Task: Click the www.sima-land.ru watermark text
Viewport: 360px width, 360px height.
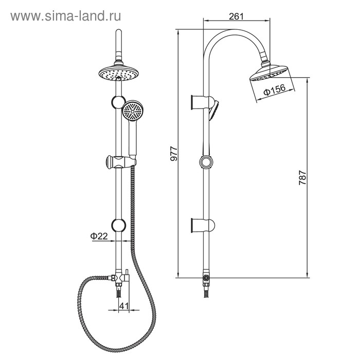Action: pos(66,16)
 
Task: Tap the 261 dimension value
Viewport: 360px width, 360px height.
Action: pos(236,16)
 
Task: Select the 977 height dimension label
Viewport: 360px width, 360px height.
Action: pos(174,153)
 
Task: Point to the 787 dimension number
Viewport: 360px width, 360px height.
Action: pos(302,177)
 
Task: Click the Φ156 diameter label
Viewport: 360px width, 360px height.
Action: pos(274,89)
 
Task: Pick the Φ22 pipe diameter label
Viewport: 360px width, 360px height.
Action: pos(99,236)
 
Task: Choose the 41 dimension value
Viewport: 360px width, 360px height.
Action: pos(124,306)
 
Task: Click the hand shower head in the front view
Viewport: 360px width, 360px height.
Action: pos(133,111)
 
